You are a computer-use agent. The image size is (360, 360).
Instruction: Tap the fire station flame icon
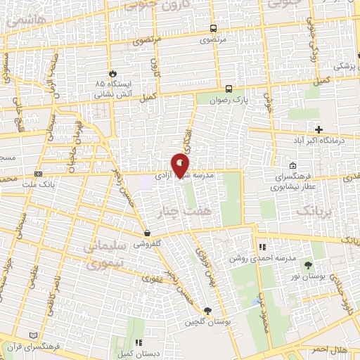coord(112,72)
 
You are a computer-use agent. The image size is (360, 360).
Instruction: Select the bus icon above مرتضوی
coord(213,29)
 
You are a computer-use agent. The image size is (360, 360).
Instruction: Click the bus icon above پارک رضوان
coord(229,89)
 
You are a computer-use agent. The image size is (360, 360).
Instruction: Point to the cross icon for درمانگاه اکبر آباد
coord(319,129)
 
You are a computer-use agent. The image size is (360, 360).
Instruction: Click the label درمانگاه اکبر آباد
coord(319,141)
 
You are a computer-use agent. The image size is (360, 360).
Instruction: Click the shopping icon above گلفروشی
coord(147,233)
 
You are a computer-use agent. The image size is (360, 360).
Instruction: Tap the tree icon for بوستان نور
coord(308,264)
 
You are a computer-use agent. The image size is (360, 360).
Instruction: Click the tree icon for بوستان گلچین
coord(207,311)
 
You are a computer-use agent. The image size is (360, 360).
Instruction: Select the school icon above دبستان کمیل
coord(139,342)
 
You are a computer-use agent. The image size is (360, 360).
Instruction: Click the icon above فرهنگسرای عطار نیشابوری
coord(292,165)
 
